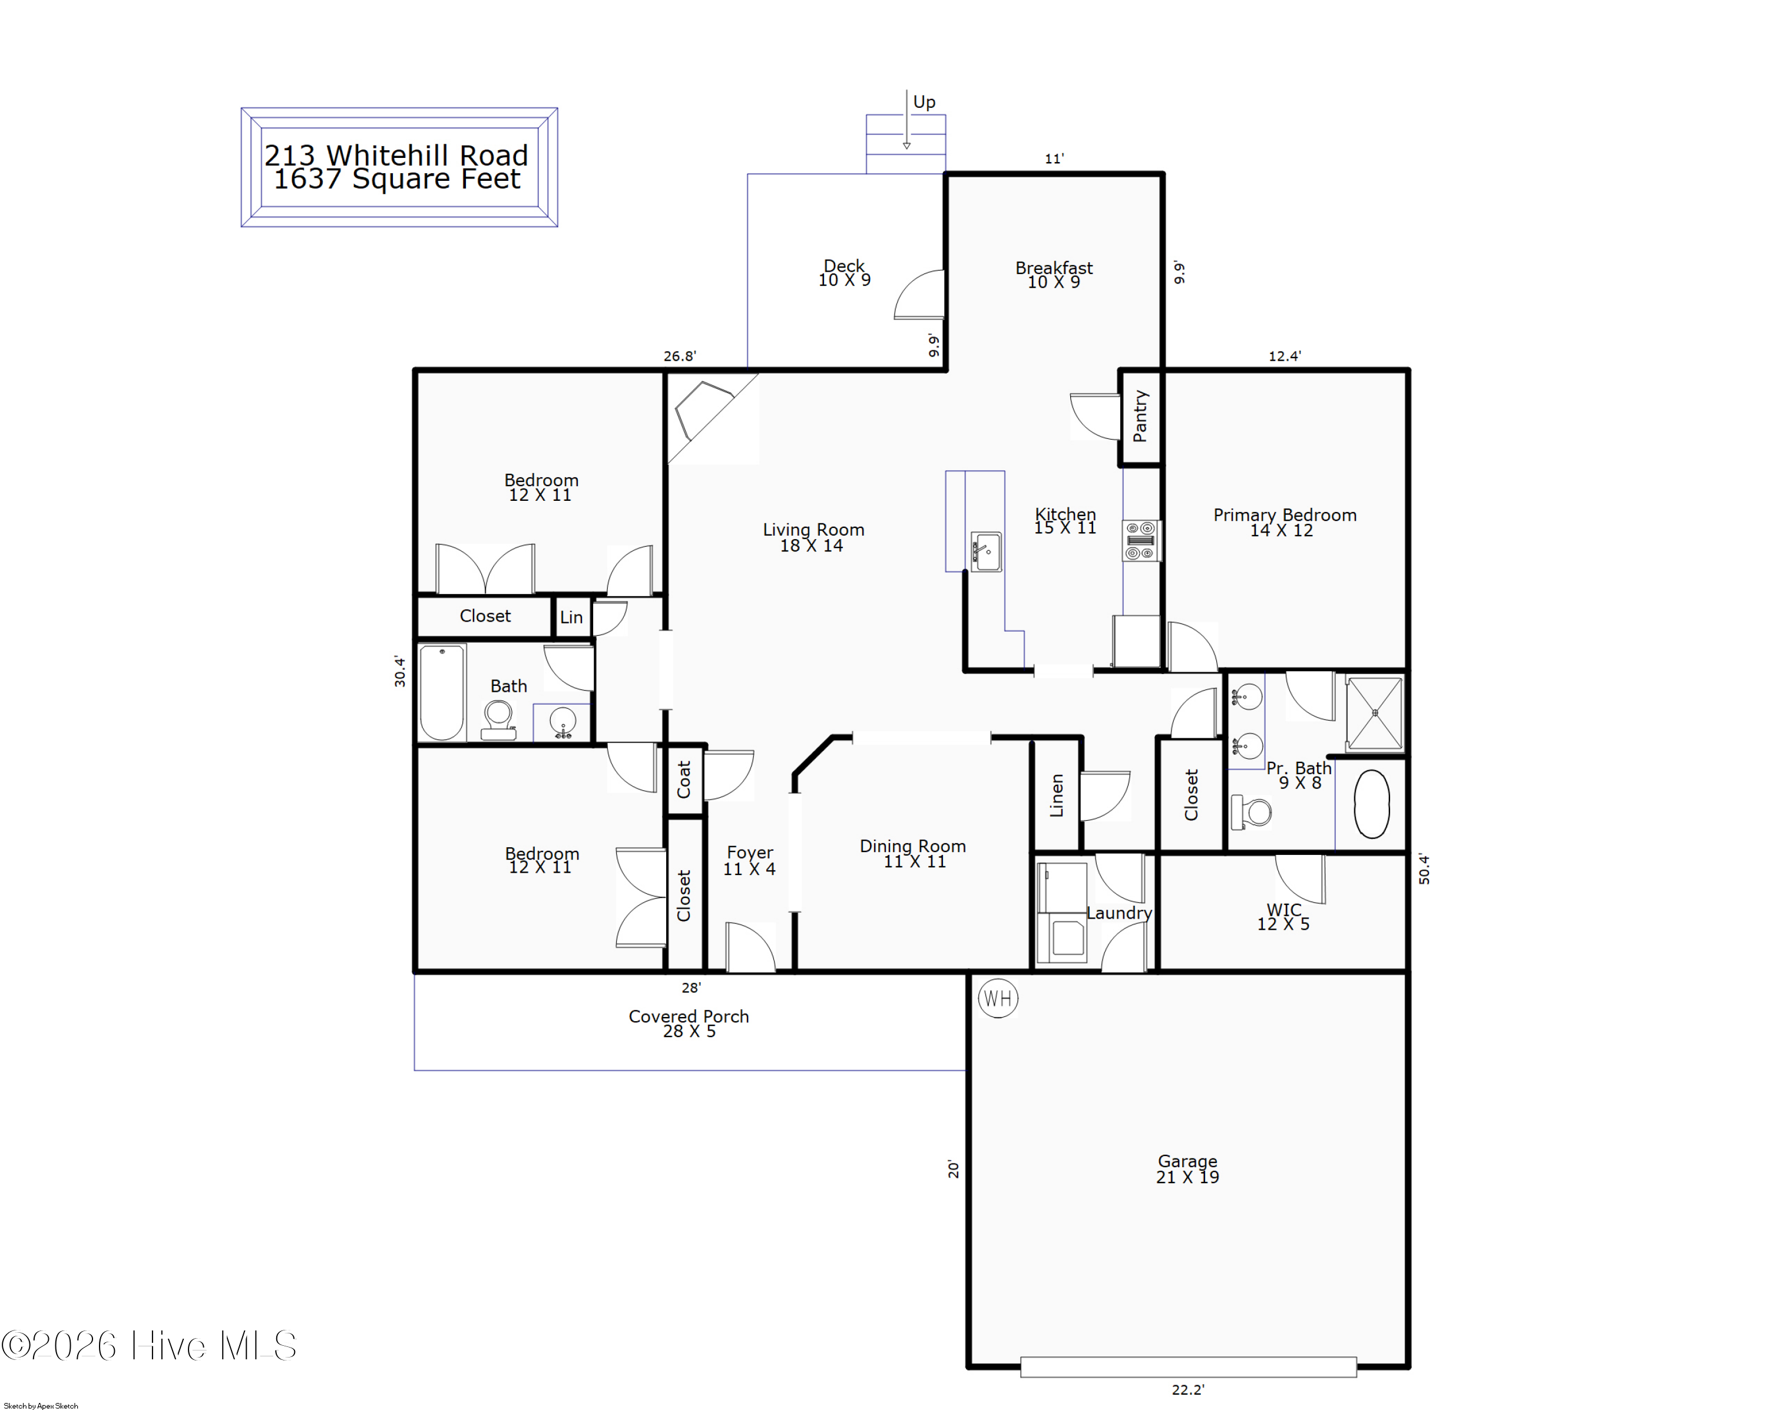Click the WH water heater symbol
click(x=997, y=999)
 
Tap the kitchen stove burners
click(x=1141, y=541)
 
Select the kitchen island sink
click(x=986, y=552)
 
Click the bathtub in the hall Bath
click(x=442, y=693)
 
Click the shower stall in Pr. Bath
click(x=1374, y=712)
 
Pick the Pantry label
click(x=1140, y=417)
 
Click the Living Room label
click(x=813, y=530)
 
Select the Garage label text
click(x=1187, y=1161)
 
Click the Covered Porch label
click(x=689, y=1016)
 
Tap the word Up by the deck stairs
click(x=924, y=103)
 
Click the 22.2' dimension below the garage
click(x=1187, y=1389)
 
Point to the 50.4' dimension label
click(x=1424, y=869)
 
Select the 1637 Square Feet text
click(x=396, y=179)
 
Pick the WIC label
click(x=1283, y=909)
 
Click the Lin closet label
click(x=571, y=618)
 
